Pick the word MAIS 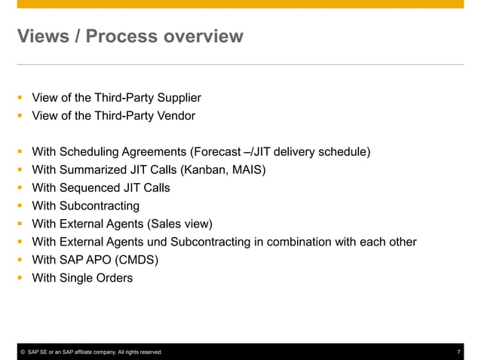point(247,170)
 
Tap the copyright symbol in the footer point(23,352)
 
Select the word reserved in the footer point(149,352)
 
